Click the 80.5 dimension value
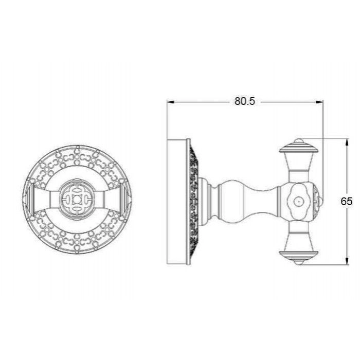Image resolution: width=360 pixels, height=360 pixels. point(244,101)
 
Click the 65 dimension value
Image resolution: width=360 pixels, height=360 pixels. point(346,202)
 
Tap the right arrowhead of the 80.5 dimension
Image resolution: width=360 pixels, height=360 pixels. point(319,102)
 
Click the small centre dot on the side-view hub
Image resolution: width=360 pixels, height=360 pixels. point(298,202)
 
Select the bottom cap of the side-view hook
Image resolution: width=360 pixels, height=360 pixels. point(298,257)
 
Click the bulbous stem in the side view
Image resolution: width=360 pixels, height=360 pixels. point(248,202)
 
